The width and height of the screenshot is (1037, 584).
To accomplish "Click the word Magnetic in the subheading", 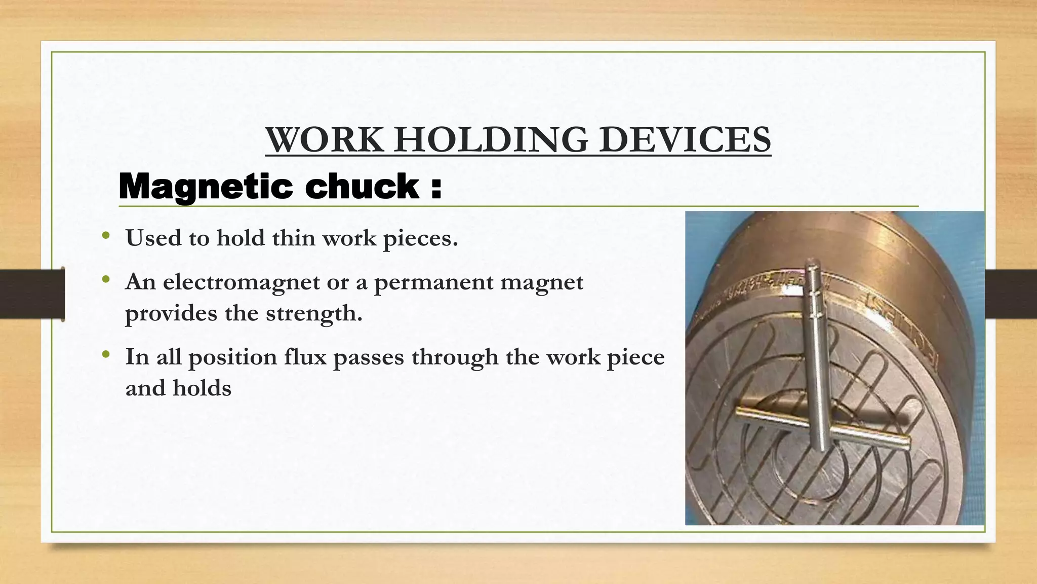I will (206, 187).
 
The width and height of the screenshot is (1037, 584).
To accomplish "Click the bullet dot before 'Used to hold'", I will (105, 236).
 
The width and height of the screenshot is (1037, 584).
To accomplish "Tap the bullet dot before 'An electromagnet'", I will (105, 280).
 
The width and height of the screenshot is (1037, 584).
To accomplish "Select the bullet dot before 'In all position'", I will (105, 355).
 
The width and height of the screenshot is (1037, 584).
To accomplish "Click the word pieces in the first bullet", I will (420, 238).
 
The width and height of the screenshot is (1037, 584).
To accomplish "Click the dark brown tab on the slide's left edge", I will (32, 294).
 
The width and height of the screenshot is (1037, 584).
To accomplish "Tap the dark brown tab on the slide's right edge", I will (1011, 294).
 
